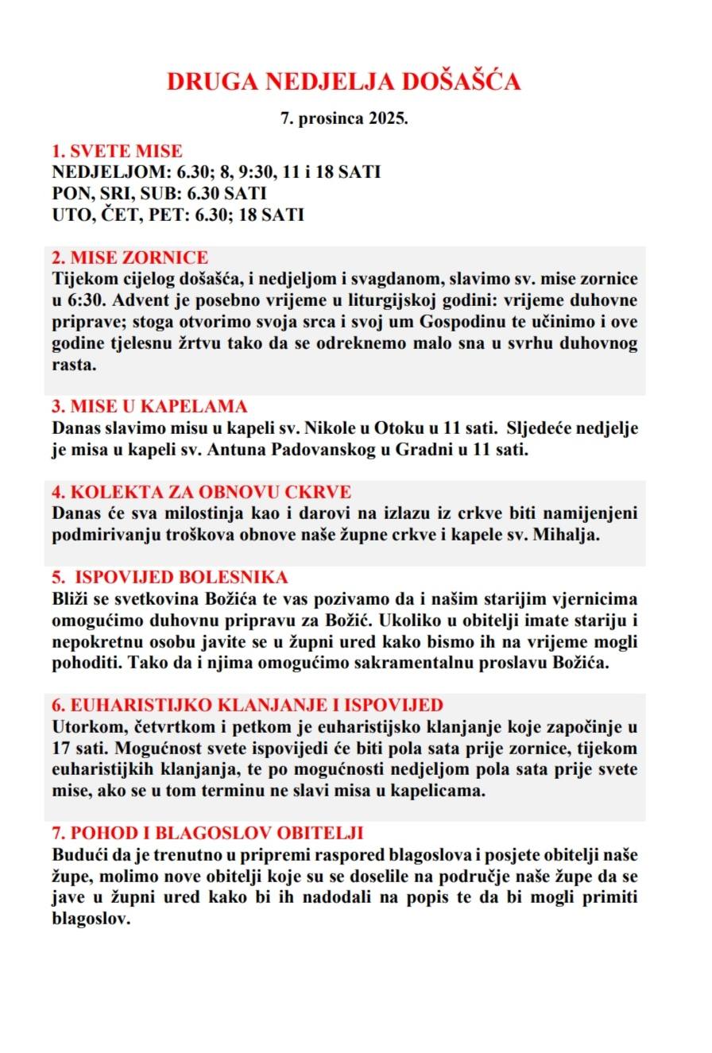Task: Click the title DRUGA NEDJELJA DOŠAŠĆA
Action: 343,82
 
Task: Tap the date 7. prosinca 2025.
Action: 344,119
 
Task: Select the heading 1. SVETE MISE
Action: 117,151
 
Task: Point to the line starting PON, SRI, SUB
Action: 159,193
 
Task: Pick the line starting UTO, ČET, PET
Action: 178,215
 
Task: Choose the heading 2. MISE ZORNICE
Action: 130,257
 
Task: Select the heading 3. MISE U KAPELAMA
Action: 149,407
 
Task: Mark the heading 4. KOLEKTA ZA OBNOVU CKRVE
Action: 201,492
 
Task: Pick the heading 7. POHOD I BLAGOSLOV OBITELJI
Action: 207,833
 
